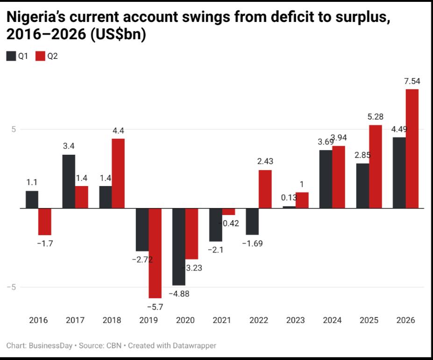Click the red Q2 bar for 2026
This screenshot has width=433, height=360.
tap(412, 149)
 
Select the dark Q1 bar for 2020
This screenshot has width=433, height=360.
tap(179, 247)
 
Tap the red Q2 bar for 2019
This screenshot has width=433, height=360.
tap(155, 253)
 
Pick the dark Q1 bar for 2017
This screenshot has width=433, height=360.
tap(69, 181)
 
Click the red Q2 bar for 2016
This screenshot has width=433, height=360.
tap(45, 222)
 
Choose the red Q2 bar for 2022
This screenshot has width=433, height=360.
tap(265, 189)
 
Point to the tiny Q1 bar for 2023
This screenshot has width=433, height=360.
tap(289, 207)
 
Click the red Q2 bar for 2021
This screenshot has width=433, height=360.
tap(229, 211)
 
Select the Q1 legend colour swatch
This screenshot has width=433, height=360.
tap(11, 56)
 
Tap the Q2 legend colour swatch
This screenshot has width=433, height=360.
tap(40, 56)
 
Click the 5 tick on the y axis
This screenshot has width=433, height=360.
tap(14, 129)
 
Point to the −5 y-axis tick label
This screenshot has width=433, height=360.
tap(12, 287)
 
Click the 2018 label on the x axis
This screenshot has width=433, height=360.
tap(112, 320)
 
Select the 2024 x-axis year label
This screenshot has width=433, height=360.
tap(332, 320)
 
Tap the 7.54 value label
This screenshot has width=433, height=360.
tap(412, 81)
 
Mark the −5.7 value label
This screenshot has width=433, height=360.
tap(155, 307)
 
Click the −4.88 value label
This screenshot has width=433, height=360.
tap(179, 294)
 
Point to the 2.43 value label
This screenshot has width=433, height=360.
tap(265, 161)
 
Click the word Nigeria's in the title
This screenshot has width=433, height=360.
tap(35, 17)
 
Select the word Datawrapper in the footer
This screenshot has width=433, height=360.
tap(194, 346)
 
